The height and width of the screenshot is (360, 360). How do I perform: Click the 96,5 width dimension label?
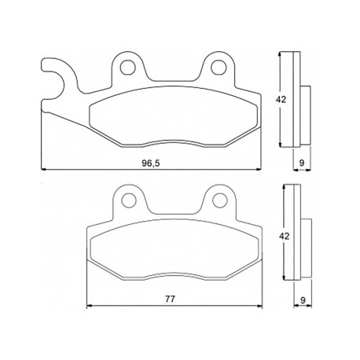coord(151,163)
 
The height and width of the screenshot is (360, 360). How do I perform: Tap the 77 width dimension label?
coord(170,299)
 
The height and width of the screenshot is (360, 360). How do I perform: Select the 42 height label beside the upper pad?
coord(281,100)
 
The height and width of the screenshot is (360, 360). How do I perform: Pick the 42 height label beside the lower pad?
coord(284,236)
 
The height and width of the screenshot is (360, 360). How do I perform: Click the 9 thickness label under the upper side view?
coord(302,163)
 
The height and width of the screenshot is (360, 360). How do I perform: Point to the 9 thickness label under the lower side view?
coord(303,300)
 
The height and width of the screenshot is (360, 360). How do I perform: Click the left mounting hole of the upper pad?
coord(128,67)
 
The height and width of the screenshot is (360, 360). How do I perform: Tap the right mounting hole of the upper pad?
coord(219,67)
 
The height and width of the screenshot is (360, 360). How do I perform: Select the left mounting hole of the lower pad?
coord(129,200)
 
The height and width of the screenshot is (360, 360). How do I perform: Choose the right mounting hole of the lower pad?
coord(219,200)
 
